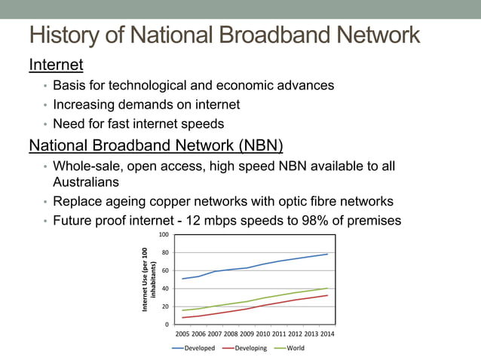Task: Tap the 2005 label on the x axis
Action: click(183, 334)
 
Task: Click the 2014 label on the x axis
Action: click(327, 334)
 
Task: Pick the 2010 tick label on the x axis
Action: click(263, 334)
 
